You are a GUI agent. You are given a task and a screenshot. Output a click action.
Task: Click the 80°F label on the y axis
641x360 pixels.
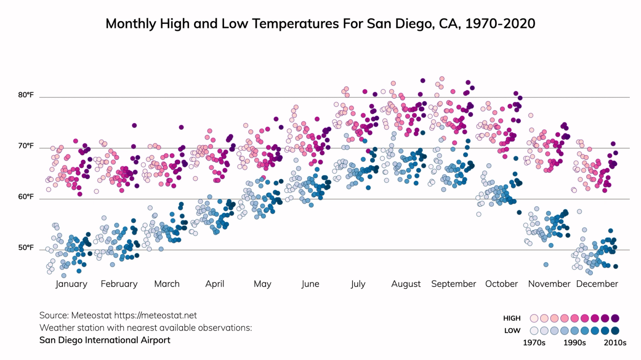click(x=26, y=95)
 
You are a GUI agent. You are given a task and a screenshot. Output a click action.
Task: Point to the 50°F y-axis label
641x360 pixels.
click(x=26, y=248)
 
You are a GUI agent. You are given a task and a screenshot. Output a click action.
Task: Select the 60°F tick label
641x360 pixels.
click(x=26, y=197)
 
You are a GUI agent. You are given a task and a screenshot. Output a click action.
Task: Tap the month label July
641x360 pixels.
click(x=358, y=284)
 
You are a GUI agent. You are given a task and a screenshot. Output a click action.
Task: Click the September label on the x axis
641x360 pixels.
click(x=454, y=284)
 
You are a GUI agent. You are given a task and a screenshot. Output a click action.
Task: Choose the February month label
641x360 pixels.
click(x=119, y=284)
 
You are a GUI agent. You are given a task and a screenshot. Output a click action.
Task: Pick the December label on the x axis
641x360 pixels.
click(x=597, y=284)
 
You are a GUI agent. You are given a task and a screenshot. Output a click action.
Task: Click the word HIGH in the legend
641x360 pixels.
click(x=512, y=318)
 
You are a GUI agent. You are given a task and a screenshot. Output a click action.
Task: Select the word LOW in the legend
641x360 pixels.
click(x=512, y=331)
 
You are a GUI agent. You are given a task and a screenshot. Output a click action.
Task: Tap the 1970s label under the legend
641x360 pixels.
click(x=534, y=343)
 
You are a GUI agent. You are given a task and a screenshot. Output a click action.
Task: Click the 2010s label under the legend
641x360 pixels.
click(x=615, y=343)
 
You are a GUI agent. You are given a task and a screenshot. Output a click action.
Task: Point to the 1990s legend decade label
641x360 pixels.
click(x=574, y=343)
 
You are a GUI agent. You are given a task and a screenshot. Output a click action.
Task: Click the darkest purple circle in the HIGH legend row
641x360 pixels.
click(x=615, y=318)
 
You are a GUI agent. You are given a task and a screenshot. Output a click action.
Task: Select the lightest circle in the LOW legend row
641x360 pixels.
click(x=534, y=331)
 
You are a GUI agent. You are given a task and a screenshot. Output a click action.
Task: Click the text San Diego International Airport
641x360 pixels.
click(x=105, y=340)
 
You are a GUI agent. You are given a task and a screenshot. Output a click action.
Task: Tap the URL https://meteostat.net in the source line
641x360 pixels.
click(x=155, y=316)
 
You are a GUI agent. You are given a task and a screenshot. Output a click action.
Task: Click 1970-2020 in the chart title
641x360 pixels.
click(x=500, y=24)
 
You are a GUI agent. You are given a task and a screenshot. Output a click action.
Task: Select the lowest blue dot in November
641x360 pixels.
click(x=546, y=265)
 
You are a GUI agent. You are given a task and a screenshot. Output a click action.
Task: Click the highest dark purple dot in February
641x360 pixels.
click(x=134, y=125)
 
